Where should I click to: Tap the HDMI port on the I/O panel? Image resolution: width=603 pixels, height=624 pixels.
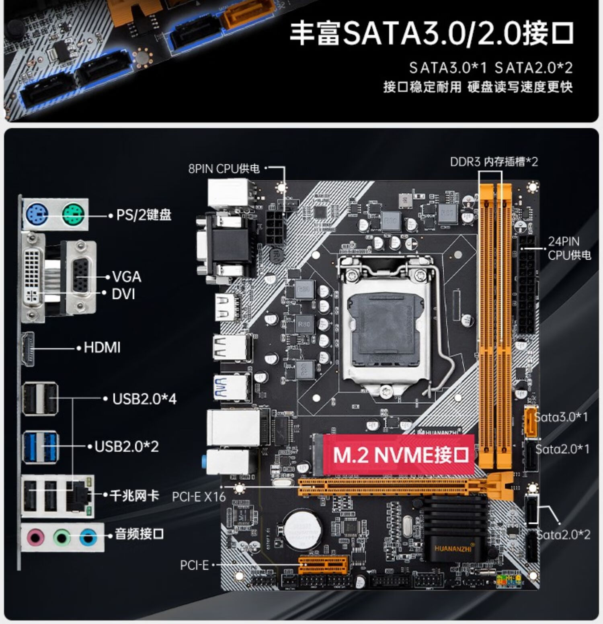(28, 349)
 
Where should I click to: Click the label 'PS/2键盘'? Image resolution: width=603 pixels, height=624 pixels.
(144, 215)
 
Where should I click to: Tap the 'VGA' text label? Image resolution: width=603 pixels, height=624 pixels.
(127, 277)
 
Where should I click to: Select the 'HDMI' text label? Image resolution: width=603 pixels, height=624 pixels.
(102, 348)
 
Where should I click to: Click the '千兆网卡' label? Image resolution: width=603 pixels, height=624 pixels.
(134, 495)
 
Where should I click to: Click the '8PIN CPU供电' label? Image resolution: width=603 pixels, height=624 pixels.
(224, 168)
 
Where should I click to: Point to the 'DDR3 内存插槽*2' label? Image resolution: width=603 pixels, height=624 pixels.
(494, 162)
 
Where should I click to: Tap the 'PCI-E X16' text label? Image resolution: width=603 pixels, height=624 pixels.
(199, 497)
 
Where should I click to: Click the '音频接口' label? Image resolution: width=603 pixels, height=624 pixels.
(139, 534)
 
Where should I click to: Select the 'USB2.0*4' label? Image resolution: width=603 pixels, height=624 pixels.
(144, 399)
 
